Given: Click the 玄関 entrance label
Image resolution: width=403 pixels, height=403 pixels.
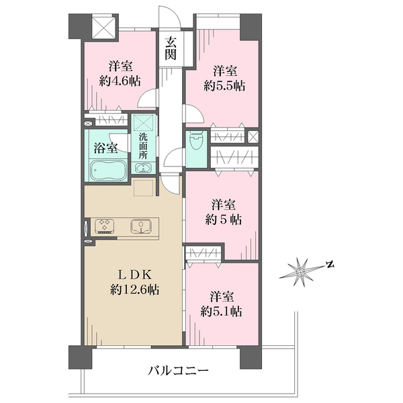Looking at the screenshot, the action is (x=171, y=48).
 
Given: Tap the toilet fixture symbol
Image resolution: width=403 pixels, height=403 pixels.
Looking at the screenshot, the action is (x=196, y=140).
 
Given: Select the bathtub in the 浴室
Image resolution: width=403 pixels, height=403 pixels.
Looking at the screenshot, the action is (x=108, y=171).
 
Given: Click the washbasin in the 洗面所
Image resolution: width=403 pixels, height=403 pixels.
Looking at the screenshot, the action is (x=142, y=169).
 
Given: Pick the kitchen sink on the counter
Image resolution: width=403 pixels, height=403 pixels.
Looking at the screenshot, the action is (x=141, y=226).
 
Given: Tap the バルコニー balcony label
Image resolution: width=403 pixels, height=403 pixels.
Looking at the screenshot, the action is (x=178, y=370).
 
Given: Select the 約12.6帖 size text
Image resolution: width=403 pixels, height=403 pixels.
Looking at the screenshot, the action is (x=134, y=290).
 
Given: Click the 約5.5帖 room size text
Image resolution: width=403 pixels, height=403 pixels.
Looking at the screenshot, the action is (x=224, y=85).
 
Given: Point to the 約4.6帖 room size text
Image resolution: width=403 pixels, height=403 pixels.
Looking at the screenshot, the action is (x=120, y=81).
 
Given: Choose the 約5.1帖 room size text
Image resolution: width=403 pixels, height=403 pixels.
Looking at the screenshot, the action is (x=221, y=312).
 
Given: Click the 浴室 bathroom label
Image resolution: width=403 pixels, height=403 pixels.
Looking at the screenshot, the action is (x=105, y=148).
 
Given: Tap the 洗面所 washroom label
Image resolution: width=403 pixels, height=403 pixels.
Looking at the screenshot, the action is (x=143, y=146).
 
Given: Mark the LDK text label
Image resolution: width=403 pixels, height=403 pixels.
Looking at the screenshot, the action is (x=135, y=275).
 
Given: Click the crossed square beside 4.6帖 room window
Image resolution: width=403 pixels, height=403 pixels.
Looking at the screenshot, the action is (x=105, y=28).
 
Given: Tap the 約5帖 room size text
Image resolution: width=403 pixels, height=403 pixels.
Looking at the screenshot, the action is (x=224, y=220).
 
